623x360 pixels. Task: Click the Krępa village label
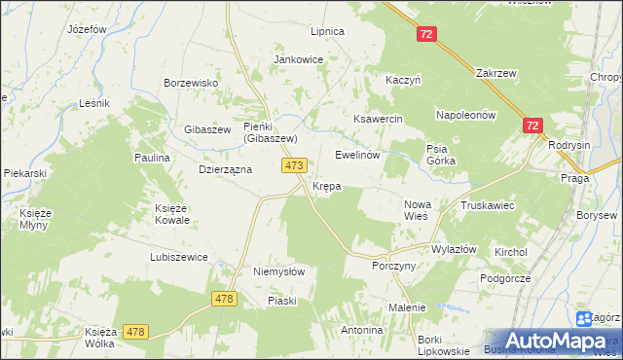point(326,186)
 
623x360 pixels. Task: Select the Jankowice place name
point(298,59)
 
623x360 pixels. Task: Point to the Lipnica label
point(327,31)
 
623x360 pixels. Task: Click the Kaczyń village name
point(403,81)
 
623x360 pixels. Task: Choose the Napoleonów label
point(466,114)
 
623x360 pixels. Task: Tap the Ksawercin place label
point(378,119)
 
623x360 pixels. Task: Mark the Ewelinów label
point(356,155)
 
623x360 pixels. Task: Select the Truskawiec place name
point(488,206)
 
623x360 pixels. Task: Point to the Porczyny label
point(394,266)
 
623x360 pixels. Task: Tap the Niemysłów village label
point(279,272)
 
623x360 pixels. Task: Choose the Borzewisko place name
point(190,83)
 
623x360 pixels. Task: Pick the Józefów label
point(87,29)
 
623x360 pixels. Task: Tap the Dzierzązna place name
point(225,168)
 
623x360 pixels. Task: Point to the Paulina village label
point(152,157)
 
